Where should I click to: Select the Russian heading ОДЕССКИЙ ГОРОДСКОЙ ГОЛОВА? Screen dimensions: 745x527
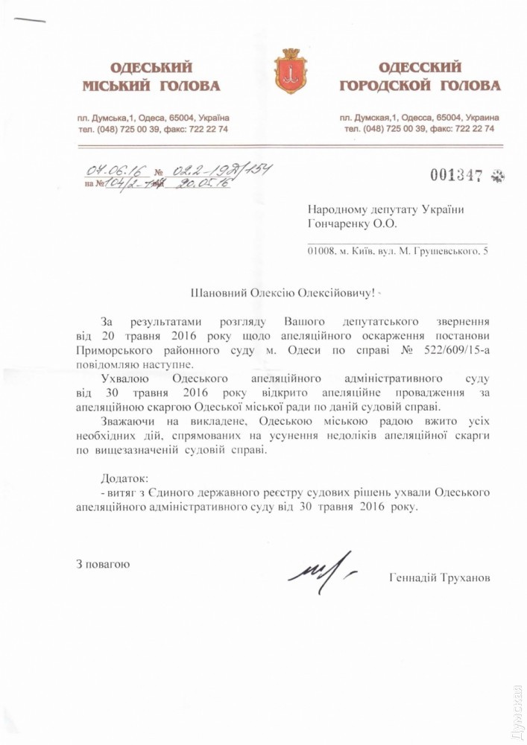[x=420, y=77]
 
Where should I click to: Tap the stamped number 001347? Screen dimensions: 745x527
[x=457, y=175]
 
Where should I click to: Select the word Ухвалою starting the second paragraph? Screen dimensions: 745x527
[x=123, y=378]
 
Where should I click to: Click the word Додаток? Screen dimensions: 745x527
[x=124, y=478]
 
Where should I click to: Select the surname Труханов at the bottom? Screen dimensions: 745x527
[x=464, y=579]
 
